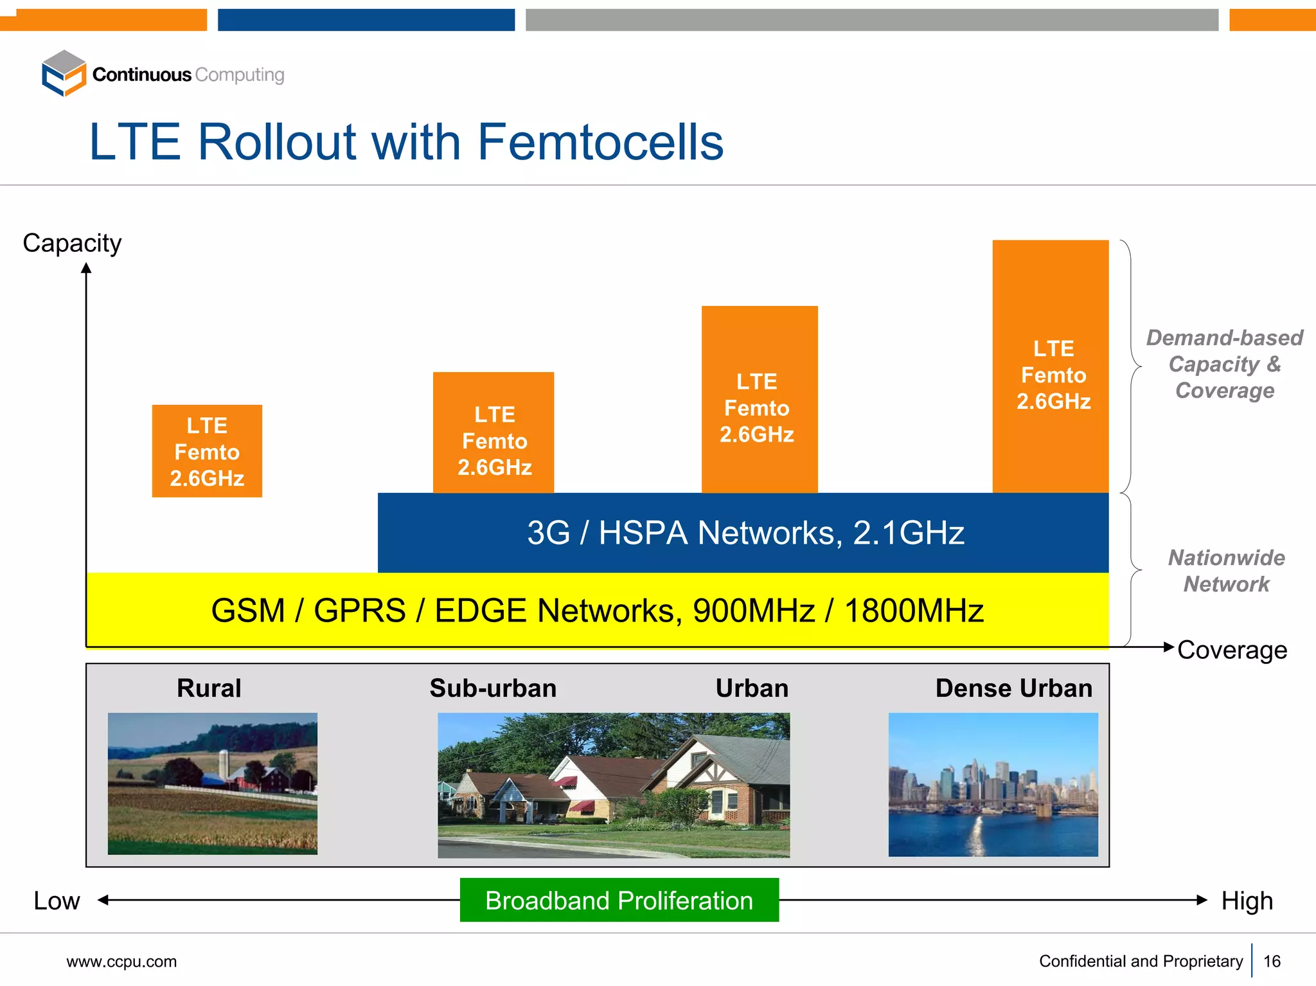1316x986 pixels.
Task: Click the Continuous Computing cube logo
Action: point(64,73)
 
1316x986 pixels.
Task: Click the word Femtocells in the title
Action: point(600,142)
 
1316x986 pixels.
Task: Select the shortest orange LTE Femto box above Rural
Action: point(207,451)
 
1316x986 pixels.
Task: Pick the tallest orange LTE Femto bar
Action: point(1051,366)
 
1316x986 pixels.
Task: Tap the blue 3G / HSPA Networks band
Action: point(743,533)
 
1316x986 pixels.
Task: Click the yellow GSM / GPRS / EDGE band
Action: point(597,610)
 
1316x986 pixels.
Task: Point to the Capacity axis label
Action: point(72,243)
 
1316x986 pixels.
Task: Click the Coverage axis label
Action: point(1232,650)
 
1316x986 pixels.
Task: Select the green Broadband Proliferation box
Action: point(619,900)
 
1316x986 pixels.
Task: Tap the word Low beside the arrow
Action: point(57,901)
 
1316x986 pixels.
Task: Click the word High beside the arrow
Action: point(1247,901)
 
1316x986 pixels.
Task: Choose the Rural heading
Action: point(209,688)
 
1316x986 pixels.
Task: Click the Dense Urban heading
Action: point(1013,688)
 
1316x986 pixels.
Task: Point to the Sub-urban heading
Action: point(493,688)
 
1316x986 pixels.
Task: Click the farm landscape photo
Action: point(213,783)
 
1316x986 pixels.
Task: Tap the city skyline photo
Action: point(993,784)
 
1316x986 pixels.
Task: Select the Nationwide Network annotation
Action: point(1226,571)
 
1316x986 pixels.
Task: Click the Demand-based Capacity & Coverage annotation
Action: point(1225,364)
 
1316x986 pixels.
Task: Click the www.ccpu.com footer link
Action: point(121,962)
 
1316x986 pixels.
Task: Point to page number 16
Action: point(1272,961)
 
